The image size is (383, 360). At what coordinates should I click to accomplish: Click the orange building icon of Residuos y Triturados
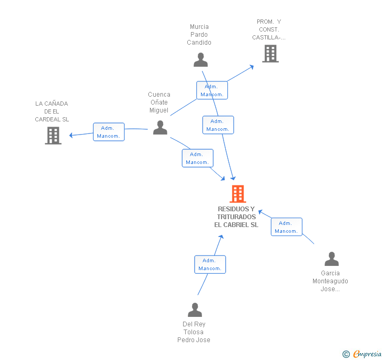[238, 194]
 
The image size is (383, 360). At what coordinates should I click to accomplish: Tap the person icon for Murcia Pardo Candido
[200, 60]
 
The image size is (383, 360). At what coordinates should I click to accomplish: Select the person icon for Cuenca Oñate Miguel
[160, 127]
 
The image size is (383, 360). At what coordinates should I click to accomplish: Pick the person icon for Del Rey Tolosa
[195, 310]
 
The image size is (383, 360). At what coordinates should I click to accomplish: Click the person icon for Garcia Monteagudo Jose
[331, 259]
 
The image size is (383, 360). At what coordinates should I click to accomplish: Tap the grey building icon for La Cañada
[53, 136]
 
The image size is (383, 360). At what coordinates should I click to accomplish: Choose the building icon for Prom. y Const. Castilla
[270, 54]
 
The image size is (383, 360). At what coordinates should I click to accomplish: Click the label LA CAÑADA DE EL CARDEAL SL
[52, 111]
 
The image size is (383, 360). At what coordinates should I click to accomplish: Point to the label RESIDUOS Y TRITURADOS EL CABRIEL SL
[236, 217]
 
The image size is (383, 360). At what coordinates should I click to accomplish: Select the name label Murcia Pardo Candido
[199, 35]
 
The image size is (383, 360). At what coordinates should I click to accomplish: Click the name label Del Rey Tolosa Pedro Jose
[194, 332]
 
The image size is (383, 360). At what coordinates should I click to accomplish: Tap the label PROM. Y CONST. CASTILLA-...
[269, 29]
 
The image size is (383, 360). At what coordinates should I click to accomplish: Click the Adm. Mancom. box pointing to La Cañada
[109, 132]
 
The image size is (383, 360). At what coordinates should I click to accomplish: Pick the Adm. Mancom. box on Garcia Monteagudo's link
[287, 227]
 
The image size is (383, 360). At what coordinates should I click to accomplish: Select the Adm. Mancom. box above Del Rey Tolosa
[210, 264]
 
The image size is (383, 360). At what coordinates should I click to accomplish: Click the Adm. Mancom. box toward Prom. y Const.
[212, 90]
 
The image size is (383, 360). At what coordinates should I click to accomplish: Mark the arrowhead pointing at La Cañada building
[72, 135]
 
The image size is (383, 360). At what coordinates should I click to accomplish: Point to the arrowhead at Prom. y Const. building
[251, 66]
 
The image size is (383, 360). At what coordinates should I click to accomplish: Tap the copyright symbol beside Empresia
[346, 355]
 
